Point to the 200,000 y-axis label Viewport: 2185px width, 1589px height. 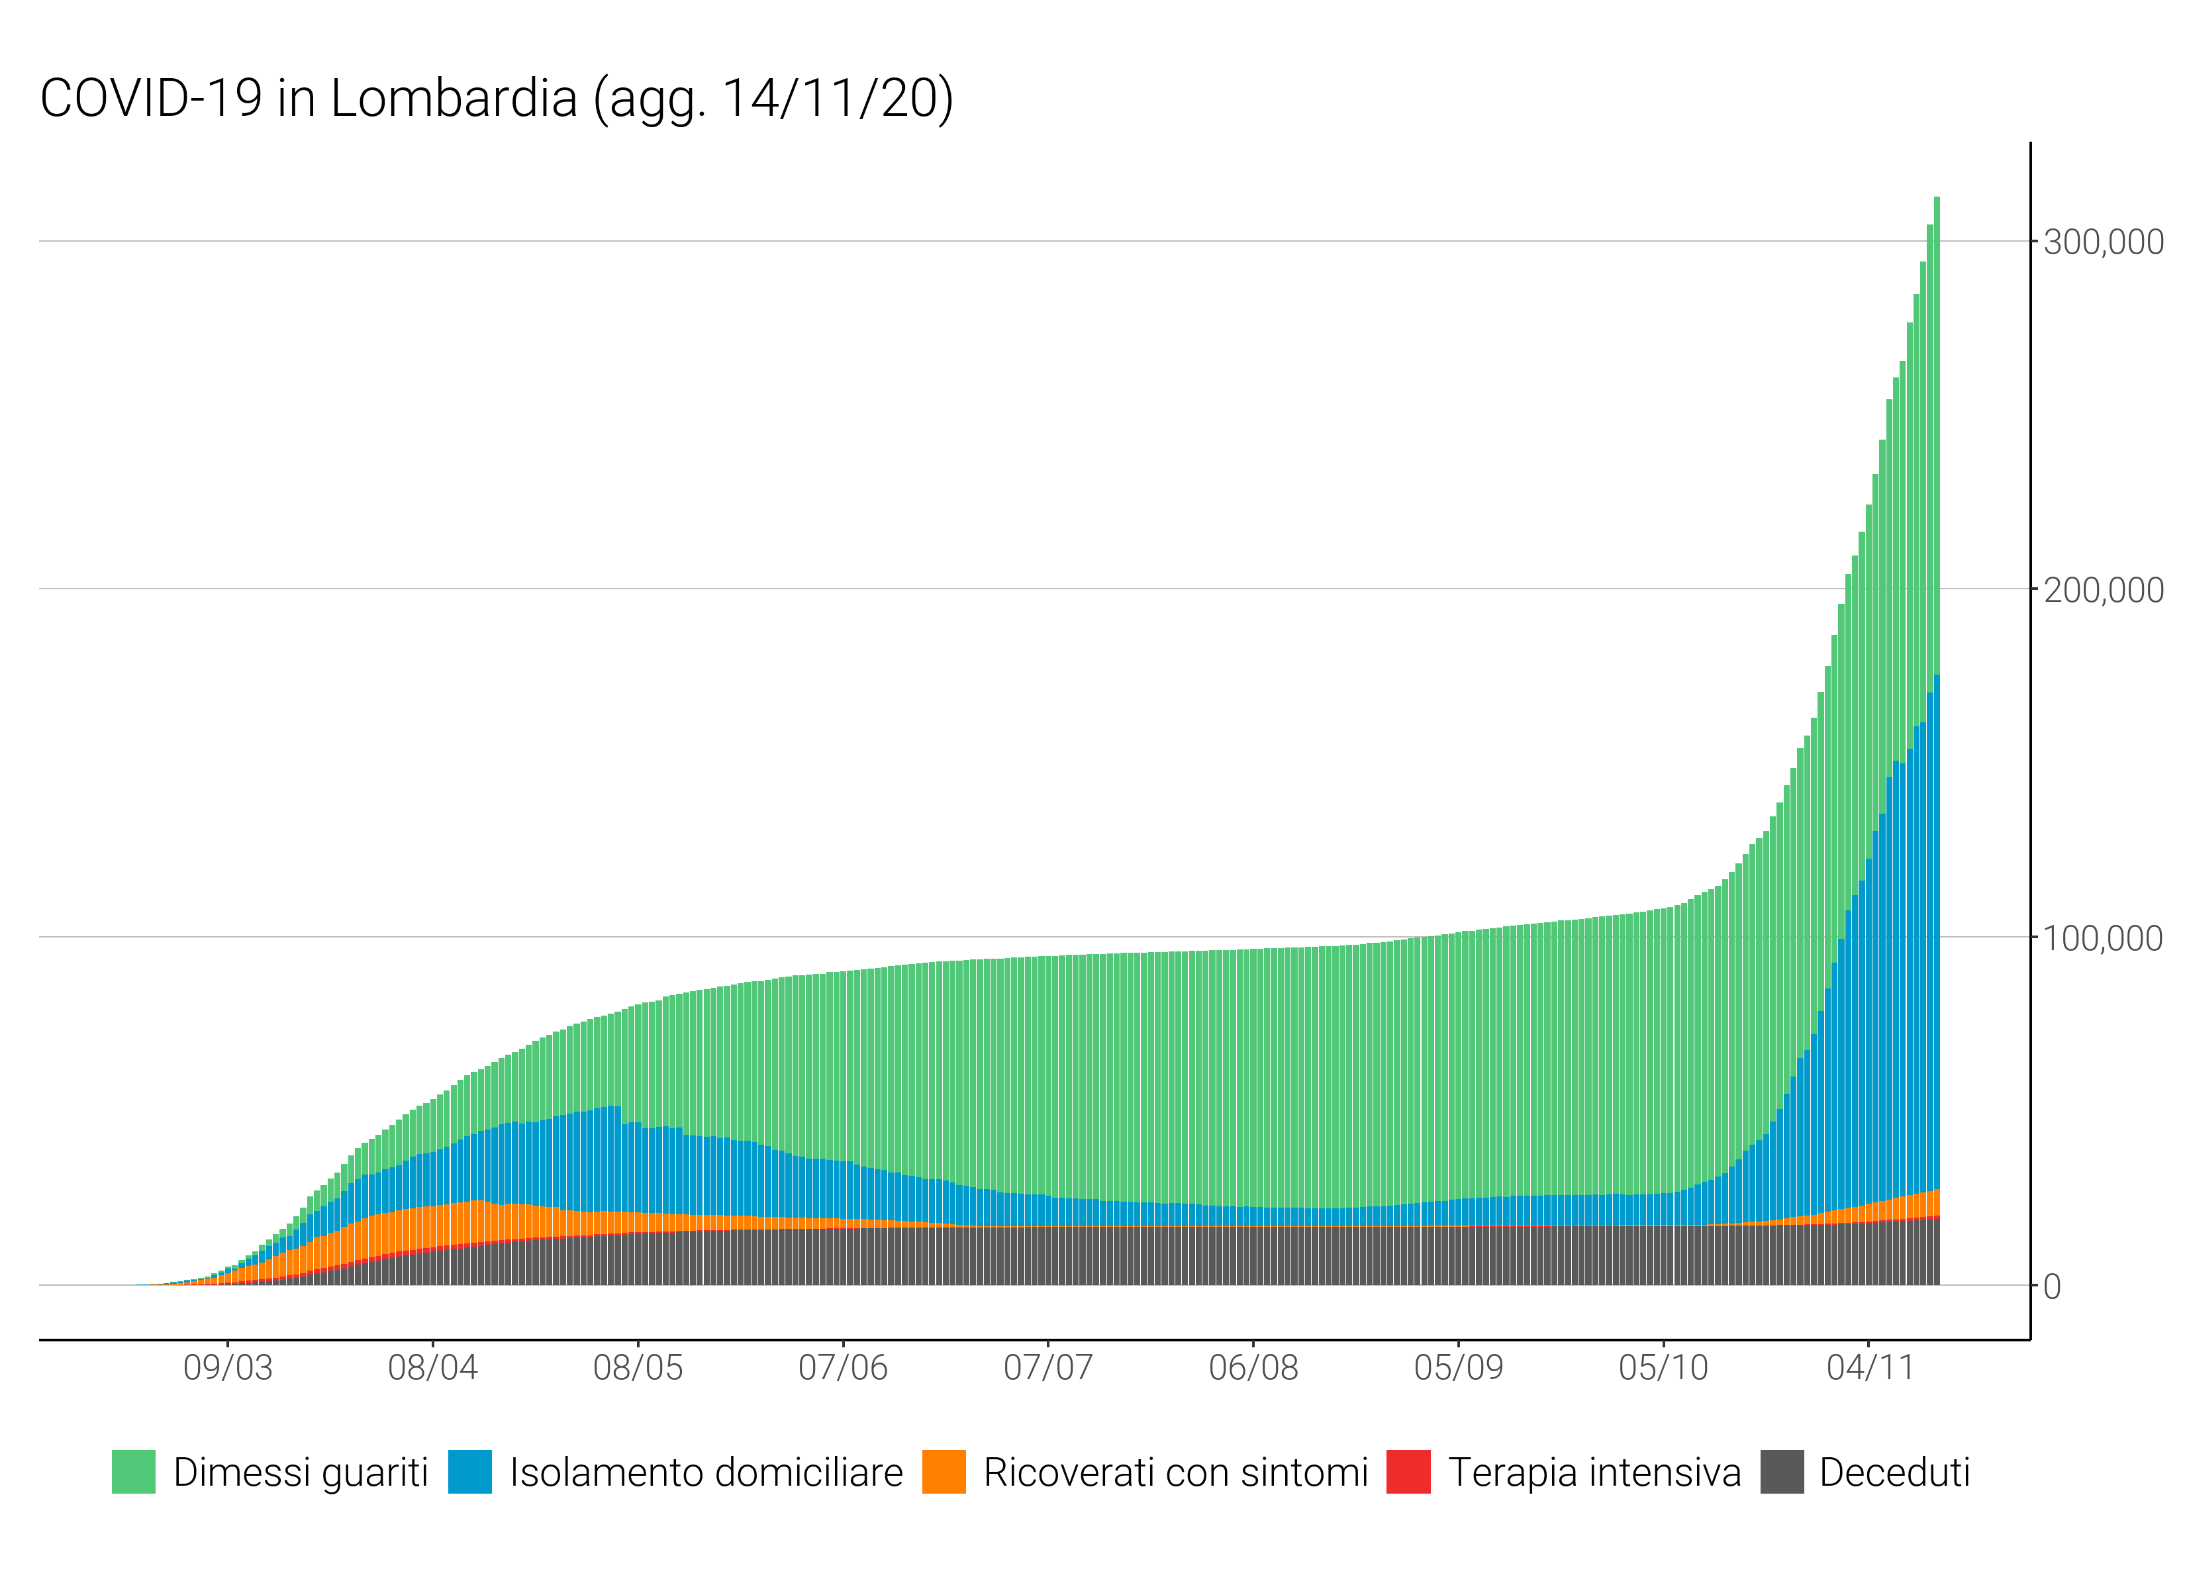coord(2103,590)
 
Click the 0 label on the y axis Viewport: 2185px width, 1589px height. coord(2051,1286)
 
